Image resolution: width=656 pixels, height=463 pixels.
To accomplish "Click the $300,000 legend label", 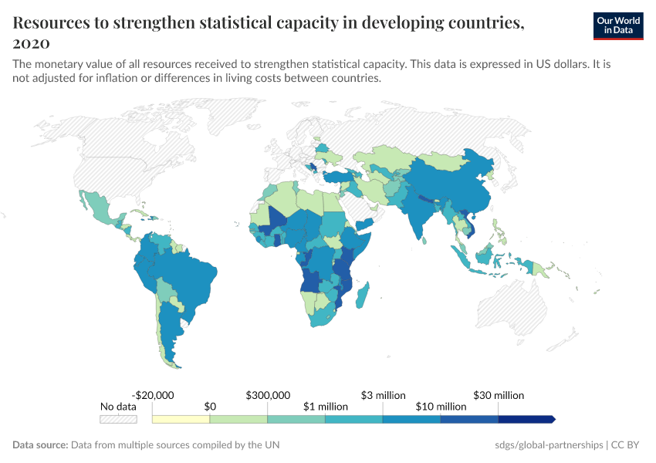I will [268, 395].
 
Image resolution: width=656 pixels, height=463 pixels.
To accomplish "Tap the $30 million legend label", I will [499, 395].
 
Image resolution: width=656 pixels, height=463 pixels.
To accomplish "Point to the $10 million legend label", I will [441, 406].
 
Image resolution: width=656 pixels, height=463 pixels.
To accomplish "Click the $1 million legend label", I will [325, 406].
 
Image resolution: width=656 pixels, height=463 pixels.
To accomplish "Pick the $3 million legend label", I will [383, 395].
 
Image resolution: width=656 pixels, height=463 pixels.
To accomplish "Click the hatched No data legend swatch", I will [118, 420].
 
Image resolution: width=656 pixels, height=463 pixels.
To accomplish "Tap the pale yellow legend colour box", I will [181, 420].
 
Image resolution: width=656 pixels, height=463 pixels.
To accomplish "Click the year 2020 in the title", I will [32, 42].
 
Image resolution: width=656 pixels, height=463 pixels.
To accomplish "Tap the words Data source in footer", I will [40, 445].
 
